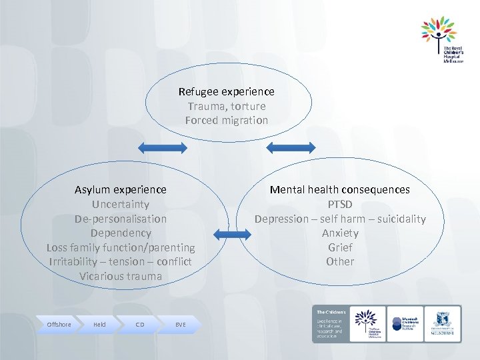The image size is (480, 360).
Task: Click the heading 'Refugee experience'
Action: tap(226, 91)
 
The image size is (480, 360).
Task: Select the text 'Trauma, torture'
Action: tap(226, 106)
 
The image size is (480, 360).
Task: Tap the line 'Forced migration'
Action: tap(226, 121)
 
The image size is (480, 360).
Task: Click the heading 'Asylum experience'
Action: tap(121, 190)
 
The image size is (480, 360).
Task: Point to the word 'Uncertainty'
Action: tap(121, 205)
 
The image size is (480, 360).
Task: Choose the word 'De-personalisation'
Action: tap(121, 219)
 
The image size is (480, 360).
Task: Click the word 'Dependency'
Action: tap(121, 233)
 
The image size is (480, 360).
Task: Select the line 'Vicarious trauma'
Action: tap(121, 276)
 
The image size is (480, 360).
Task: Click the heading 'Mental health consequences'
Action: tap(339, 190)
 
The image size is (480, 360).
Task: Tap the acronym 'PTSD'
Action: tap(339, 205)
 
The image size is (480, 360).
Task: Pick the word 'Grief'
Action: tap(339, 247)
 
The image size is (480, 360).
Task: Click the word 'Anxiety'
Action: tap(339, 233)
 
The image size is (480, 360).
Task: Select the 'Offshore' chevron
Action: tap(59, 325)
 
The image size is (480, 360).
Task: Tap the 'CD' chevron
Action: tap(139, 325)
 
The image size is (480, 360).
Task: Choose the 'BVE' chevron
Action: tap(180, 325)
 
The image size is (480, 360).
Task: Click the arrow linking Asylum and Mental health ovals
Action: tap(229, 233)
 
